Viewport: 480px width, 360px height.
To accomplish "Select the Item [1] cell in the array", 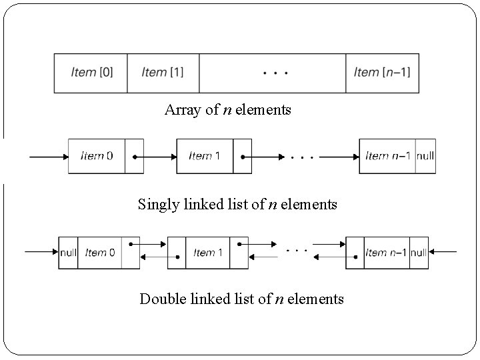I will (163, 73).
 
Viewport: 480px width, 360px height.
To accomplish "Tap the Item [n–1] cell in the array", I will (382, 73).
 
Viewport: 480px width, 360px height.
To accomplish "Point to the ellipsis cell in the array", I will (273, 73).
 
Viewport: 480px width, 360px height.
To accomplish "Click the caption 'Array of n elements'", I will (227, 110).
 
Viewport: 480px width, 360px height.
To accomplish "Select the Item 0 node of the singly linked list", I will (97, 156).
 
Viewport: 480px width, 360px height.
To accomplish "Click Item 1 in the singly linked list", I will (205, 156).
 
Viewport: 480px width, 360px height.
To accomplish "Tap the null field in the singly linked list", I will (425, 156).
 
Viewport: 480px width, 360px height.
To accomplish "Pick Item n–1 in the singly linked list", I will (387, 156).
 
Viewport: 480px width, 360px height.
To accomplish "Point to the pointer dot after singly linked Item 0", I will (135, 157).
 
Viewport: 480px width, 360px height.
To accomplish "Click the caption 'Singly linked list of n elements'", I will (237, 204).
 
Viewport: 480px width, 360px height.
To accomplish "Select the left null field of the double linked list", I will (68, 253).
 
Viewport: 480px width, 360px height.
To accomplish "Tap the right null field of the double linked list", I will (419, 253).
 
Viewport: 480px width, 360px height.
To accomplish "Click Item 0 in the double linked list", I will (100, 253).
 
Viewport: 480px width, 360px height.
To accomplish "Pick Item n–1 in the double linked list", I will (386, 253).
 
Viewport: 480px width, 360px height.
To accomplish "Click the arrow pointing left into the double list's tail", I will (443, 252).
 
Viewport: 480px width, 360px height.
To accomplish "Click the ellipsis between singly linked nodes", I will (303, 158).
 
